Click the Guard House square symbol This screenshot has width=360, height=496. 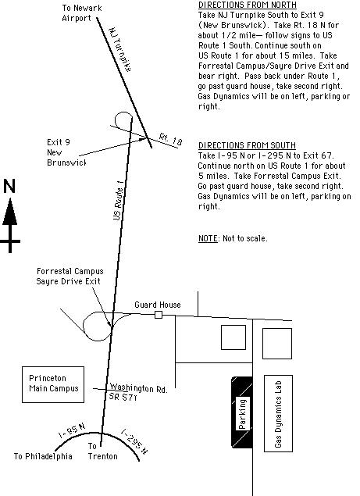159,315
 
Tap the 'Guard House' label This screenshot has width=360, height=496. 158,305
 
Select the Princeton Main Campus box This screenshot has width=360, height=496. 53,384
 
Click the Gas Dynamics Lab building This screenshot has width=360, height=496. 278,413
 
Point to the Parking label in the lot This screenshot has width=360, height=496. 242,414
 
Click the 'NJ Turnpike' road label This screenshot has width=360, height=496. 120,50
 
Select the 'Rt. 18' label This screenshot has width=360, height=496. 170,140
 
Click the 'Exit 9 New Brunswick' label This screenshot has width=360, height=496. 66,152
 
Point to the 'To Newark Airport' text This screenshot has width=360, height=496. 82,13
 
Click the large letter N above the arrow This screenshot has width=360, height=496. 9,186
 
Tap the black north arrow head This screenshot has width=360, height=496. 10,212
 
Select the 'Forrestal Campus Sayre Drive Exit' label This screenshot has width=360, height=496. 70,277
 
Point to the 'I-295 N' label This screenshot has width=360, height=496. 134,441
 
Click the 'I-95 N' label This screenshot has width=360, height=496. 72,430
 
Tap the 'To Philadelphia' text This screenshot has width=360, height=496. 43,456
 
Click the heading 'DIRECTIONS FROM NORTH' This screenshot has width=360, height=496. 248,5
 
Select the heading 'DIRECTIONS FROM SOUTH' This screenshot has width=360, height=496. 247,145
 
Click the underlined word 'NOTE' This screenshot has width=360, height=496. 208,238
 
